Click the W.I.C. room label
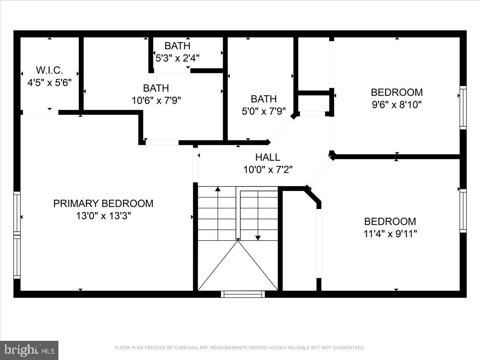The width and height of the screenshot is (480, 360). [x=50, y=70]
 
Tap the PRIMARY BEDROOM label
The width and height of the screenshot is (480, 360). [x=103, y=204]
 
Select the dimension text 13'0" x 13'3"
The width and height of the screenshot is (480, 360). [x=104, y=216]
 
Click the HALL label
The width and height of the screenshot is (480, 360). [x=268, y=157]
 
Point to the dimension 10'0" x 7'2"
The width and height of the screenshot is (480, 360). [x=268, y=170]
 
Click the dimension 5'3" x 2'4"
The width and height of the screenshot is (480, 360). [x=177, y=58]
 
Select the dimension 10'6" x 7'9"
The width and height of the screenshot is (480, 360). [x=156, y=100]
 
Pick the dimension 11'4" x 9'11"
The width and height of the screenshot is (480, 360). [x=390, y=234]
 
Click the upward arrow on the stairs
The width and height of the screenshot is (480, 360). [x=218, y=190]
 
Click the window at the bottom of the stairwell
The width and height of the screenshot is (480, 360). [x=243, y=294]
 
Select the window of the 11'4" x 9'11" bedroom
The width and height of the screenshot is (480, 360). [x=463, y=211]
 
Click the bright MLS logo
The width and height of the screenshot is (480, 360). [x=29, y=350]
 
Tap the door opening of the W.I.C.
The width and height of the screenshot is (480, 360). [x=40, y=113]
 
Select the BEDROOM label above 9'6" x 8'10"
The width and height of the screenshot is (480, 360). [x=396, y=92]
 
